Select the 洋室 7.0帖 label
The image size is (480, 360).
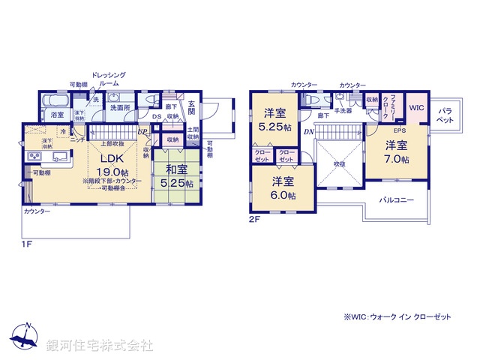pyautogui.click(x=397, y=151)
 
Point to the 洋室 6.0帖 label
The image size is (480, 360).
pyautogui.click(x=283, y=187)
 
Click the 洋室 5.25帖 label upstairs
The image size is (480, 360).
pyautogui.click(x=274, y=121)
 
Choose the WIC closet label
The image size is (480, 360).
pyautogui.click(x=416, y=108)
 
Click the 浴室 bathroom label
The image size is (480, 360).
pyautogui.click(x=57, y=115)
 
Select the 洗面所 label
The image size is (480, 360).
pyautogui.click(x=120, y=108)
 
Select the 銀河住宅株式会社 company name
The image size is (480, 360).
pyautogui.click(x=99, y=346)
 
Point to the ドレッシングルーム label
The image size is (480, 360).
pyautogui.click(x=109, y=79)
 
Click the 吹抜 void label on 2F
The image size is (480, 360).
pyautogui.click(x=339, y=163)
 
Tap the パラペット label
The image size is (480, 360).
pyautogui.click(x=446, y=115)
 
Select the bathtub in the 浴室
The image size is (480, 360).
pyautogui.click(x=55, y=100)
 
